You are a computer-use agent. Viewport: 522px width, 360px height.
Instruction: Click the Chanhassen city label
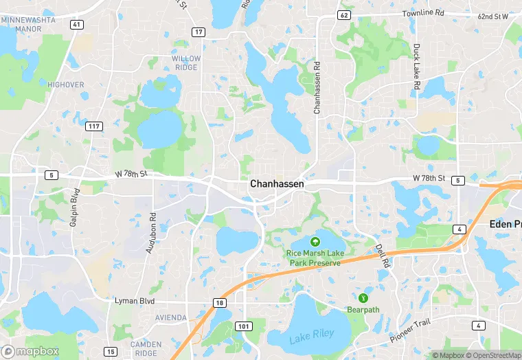(277, 184)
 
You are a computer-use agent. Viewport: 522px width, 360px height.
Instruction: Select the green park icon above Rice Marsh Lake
(315, 241)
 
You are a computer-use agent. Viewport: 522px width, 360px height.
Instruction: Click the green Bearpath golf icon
(363, 297)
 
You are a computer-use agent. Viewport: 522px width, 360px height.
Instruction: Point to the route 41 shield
(76, 25)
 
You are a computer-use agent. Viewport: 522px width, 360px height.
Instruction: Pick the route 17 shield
(198, 32)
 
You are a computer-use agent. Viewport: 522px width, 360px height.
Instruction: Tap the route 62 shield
(344, 14)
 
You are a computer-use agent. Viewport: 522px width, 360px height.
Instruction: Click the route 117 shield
(95, 126)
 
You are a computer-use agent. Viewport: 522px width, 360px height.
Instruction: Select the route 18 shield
(219, 303)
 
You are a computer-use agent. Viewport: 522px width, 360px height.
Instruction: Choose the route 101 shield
(244, 326)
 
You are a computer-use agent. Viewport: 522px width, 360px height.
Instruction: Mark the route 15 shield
(110, 352)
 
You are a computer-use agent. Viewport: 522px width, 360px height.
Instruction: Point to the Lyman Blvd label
(134, 302)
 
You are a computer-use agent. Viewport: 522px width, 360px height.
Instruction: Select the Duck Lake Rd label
(416, 66)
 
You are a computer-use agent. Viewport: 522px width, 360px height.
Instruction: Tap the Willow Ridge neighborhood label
(186, 63)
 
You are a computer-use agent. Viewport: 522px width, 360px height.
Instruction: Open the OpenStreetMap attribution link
(493, 355)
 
